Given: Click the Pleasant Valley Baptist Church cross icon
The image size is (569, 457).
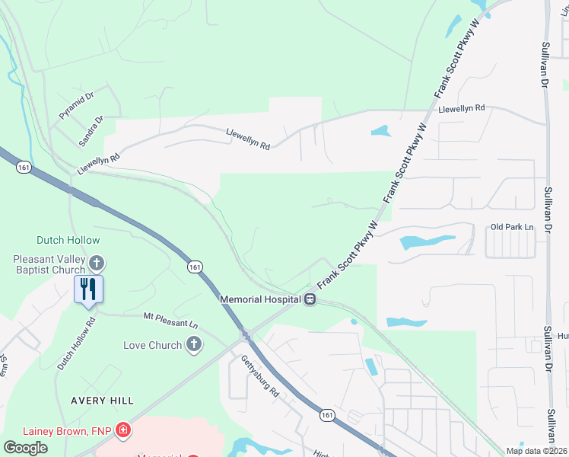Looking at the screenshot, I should [x=96, y=264].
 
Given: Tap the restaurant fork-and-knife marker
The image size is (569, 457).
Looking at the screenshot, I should [x=88, y=289].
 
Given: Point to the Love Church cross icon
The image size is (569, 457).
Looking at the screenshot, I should [x=194, y=345].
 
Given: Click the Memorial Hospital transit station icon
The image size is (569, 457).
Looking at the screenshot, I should [x=310, y=299].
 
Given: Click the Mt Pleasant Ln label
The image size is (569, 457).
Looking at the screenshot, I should [x=170, y=319].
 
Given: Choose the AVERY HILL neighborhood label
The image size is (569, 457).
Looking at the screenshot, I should [x=102, y=400].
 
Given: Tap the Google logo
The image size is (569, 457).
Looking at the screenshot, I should [x=26, y=447].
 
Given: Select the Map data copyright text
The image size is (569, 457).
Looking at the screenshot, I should [x=536, y=451].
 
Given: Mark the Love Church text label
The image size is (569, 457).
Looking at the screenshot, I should [x=153, y=345].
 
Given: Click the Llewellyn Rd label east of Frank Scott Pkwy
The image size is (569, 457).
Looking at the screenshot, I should [x=462, y=109].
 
